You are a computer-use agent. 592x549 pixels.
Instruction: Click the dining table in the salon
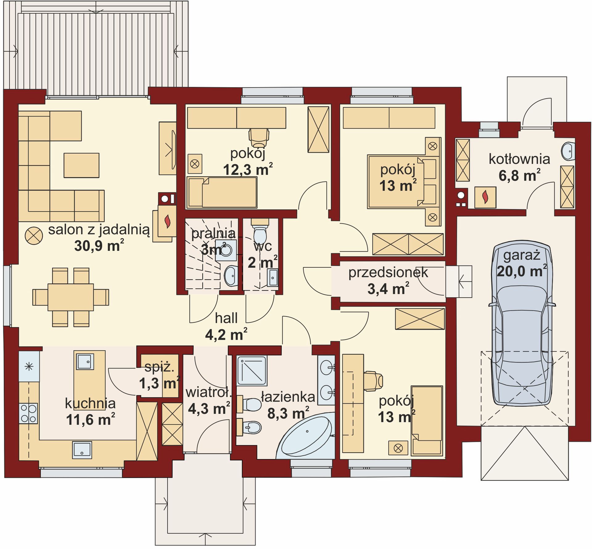tap(71, 297)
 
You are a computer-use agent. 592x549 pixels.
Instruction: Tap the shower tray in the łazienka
tap(252, 371)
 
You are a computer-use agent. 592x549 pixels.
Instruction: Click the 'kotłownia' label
tap(520, 159)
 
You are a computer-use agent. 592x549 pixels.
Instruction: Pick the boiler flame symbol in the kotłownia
tap(485, 197)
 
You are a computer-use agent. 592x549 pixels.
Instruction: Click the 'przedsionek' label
tap(388, 273)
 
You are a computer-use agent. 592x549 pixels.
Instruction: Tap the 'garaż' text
tap(522, 256)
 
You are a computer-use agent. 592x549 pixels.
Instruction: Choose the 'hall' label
tap(226, 318)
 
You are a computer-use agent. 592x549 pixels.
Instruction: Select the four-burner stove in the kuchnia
tap(28, 413)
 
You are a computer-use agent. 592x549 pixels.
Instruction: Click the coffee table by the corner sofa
tap(81, 165)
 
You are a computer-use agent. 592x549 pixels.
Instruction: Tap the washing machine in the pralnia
tap(226, 250)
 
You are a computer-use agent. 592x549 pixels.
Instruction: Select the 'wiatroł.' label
tap(208, 392)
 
